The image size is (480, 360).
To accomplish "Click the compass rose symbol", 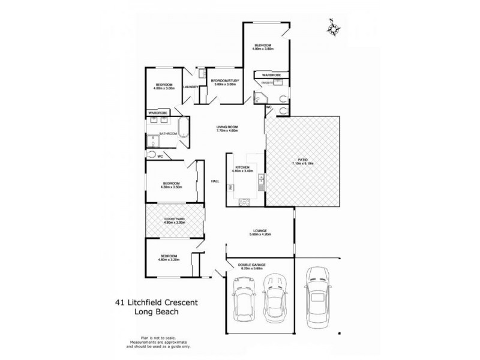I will click(334, 26).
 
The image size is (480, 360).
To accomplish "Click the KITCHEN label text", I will click(244, 166).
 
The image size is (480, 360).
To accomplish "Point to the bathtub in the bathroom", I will click(184, 133).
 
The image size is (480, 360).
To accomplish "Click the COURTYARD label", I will click(174, 219).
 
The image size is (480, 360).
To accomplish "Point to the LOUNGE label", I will click(260, 231).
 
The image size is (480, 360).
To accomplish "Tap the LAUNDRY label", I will click(191, 88).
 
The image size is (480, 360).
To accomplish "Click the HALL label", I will click(214, 180).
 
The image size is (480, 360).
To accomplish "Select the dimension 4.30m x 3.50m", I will click(171, 187).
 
